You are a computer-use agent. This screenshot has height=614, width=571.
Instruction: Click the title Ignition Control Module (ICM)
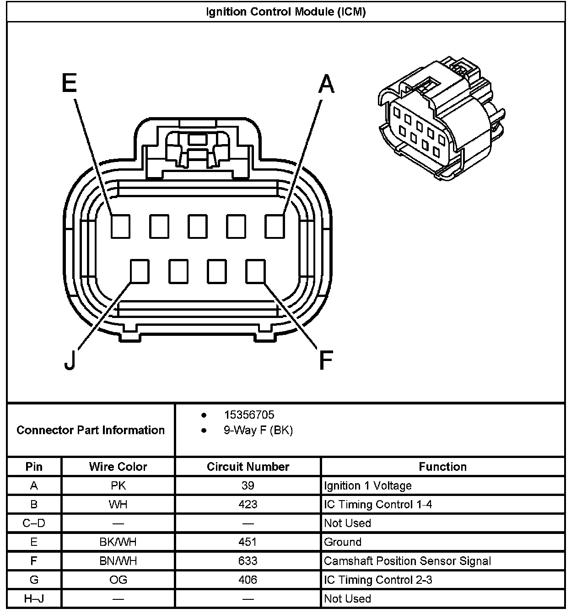285,12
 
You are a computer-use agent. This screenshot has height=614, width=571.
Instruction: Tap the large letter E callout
69,84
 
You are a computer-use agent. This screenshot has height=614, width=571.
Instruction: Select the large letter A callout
326,84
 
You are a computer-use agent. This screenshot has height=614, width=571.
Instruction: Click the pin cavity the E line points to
120,226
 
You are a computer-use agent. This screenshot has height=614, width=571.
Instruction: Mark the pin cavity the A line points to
275,226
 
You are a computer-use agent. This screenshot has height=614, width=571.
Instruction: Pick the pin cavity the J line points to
140,271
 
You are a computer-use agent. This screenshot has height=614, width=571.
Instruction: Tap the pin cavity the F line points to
255,271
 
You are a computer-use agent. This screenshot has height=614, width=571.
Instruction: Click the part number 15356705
249,415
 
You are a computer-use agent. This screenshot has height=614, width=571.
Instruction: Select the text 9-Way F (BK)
258,430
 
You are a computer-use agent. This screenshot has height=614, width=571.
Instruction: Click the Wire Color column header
118,467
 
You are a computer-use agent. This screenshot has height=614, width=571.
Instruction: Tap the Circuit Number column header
248,467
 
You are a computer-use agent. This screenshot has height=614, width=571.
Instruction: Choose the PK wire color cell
118,485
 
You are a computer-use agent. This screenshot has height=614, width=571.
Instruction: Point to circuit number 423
248,504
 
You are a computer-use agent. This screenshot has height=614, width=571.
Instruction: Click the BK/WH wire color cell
118,542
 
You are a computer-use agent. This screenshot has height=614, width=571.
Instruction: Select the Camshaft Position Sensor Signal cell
407,561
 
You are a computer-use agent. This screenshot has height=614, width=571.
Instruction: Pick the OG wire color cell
118,580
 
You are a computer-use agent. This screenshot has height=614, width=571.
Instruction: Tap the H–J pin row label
34,598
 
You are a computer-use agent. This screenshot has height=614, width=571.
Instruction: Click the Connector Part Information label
91,430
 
